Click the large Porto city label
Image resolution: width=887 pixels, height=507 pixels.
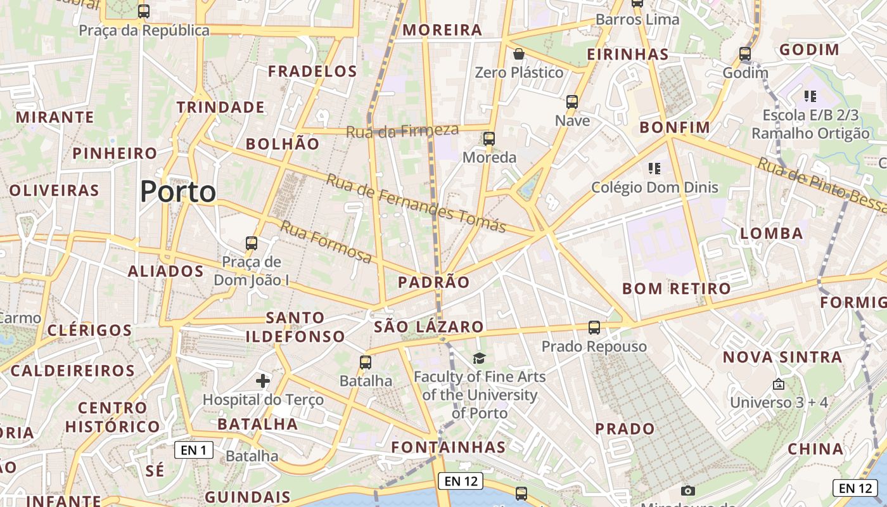tap(178, 191)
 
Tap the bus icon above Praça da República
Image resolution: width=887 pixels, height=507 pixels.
tap(144, 11)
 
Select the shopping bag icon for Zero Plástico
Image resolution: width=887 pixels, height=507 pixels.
tap(519, 53)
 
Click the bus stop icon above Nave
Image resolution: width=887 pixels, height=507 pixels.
tap(572, 101)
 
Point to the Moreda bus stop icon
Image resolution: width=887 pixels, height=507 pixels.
tap(488, 139)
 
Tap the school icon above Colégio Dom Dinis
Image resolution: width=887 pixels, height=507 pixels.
tap(654, 169)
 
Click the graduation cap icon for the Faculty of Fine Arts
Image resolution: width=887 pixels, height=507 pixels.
tap(479, 358)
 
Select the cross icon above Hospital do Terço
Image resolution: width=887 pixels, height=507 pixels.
tap(263, 380)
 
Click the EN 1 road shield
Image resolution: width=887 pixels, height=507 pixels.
tap(194, 451)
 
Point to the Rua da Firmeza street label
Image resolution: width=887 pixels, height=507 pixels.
tap(402, 131)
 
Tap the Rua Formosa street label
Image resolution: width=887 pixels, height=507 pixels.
tap(326, 242)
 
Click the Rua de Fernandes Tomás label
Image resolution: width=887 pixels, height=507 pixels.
tap(416, 203)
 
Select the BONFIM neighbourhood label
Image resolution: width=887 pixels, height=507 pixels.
tap(675, 127)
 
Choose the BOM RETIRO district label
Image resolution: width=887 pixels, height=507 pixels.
tap(677, 289)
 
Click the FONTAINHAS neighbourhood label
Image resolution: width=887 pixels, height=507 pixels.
tap(449, 447)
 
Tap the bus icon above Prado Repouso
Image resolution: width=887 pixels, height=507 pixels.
tap(594, 328)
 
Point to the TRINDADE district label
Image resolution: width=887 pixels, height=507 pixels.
tap(220, 107)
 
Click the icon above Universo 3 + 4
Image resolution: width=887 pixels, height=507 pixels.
tap(779, 384)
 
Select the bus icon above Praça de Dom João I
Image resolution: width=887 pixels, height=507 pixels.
tap(252, 243)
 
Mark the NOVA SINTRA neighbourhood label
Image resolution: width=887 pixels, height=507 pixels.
tap(782, 357)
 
